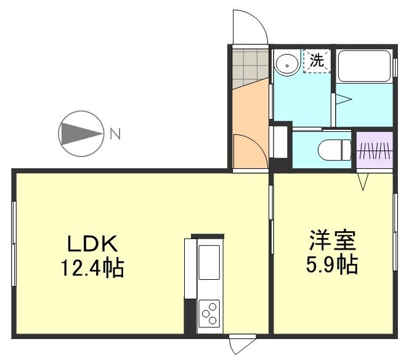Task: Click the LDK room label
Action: point(92,244)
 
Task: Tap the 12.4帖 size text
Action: point(92,268)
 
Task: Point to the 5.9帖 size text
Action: point(333,265)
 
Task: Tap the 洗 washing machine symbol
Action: point(317,60)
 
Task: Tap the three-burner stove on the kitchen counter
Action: point(209,313)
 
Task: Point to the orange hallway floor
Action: point(249,117)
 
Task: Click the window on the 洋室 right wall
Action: point(395,232)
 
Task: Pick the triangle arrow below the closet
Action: point(363,181)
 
